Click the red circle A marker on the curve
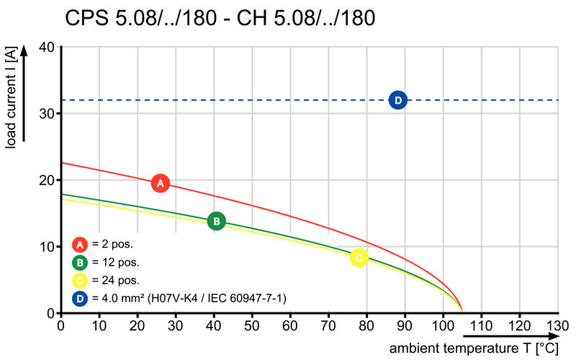161,183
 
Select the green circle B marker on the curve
217,221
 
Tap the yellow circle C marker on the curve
359,258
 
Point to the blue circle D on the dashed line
398,100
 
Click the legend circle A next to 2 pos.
80,244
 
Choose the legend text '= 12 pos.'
116,262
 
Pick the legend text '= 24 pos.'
116,280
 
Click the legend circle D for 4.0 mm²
80,298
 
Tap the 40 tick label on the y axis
46,48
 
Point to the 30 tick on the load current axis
46,114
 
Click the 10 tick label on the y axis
46,246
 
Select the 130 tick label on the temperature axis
557,325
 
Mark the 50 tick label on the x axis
251,325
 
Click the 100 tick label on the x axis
443,325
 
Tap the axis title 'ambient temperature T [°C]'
474,348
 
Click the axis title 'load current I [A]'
11,98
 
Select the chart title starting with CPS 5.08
220,17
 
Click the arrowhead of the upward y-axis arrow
24,50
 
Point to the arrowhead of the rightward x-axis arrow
553,336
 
